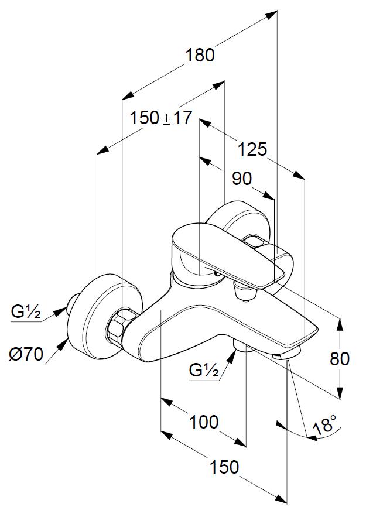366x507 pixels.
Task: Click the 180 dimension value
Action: (200, 55)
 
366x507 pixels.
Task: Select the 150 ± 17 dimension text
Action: (160, 118)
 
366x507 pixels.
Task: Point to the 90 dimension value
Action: (241, 179)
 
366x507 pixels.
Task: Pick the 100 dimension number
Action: (204, 421)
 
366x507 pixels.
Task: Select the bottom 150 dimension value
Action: (224, 467)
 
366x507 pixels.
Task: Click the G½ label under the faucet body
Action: (204, 370)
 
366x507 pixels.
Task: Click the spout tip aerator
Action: (286, 356)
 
